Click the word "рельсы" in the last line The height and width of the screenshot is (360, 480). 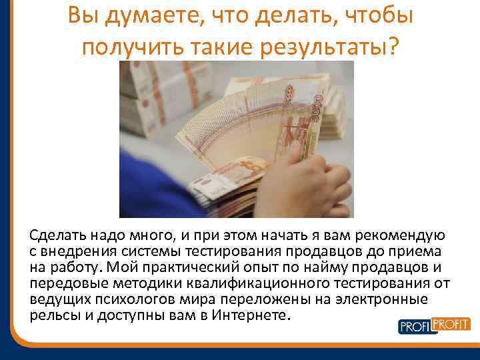(51, 314)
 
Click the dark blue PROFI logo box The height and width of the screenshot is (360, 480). (415, 327)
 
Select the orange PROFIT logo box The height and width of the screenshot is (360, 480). (451, 324)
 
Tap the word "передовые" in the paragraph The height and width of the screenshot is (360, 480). (61, 283)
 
